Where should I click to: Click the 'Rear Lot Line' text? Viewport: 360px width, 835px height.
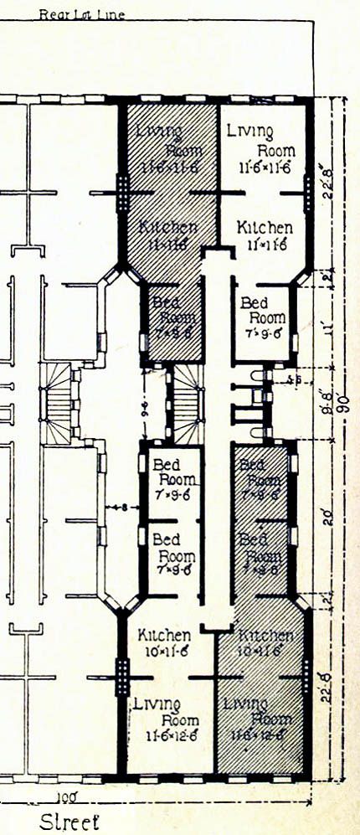coord(81,14)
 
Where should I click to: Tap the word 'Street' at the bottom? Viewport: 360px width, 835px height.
coord(69,821)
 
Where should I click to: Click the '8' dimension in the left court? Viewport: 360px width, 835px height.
coord(122,508)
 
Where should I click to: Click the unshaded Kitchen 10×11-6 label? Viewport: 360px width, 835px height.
coord(164,644)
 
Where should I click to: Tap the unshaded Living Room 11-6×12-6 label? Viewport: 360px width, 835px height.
coord(167,721)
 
